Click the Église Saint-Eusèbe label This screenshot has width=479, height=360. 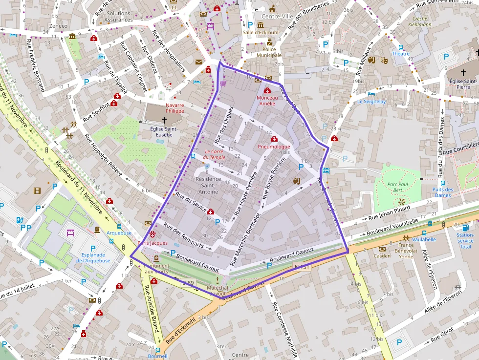tap(164, 131)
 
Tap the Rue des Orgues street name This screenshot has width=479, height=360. tap(224, 125)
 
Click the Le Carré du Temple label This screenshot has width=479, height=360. tap(215, 154)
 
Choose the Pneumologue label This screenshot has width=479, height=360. tap(274, 147)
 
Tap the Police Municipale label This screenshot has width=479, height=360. tap(269, 52)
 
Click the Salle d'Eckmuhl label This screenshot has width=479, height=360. tap(260, 33)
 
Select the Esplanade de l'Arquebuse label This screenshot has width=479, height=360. tap(93, 257)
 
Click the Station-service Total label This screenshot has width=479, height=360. tap(465, 240)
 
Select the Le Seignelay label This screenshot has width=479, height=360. tap(371, 102)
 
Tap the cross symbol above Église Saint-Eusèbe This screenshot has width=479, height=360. tap(164, 119)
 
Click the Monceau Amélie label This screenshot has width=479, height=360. tap(267, 100)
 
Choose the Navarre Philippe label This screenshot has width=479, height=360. tap(174, 108)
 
